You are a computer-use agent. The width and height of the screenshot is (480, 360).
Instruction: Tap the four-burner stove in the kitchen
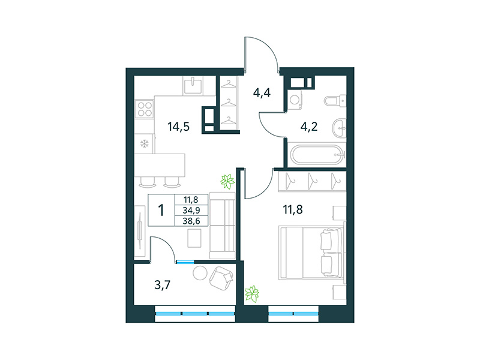click(x=145, y=109)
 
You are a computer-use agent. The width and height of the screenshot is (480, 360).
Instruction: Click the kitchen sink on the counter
click(x=193, y=85)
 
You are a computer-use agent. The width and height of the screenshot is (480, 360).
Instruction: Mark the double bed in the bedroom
click(x=313, y=252)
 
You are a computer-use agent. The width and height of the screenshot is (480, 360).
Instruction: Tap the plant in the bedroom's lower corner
click(x=253, y=293)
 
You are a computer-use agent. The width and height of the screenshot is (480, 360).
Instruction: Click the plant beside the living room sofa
click(x=227, y=180)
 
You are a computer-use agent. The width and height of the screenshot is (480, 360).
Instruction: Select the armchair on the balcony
click(x=223, y=277)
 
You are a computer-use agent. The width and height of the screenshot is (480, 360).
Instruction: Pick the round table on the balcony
click(x=200, y=274)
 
